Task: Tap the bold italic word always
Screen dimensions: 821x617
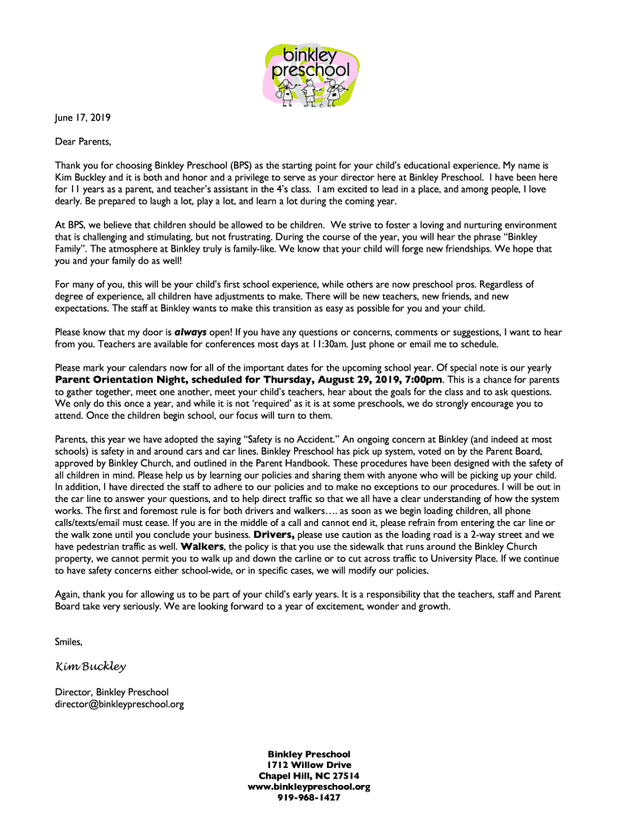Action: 191,331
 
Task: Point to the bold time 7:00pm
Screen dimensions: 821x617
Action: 423,379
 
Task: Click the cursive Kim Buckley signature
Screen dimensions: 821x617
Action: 90,666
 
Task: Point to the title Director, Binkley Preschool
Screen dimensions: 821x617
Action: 111,691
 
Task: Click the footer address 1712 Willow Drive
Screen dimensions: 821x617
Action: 308,765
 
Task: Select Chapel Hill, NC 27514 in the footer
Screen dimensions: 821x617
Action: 308,776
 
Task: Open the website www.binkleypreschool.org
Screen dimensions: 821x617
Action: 308,787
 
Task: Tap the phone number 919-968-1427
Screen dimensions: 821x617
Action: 308,798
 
